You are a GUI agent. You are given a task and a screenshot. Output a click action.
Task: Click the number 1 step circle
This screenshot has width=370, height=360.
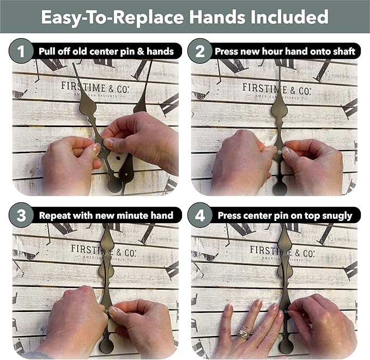pyautogui.click(x=21, y=51)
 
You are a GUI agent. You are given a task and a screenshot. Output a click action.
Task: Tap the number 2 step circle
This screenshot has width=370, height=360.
pyautogui.click(x=199, y=51)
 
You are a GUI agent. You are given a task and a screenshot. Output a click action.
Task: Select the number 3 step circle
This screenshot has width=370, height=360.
pyautogui.click(x=21, y=215)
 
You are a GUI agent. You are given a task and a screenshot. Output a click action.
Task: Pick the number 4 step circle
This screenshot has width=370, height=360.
pyautogui.click(x=199, y=215)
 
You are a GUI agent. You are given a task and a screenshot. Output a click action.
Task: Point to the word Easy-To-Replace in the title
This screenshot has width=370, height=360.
pyautogui.click(x=112, y=17)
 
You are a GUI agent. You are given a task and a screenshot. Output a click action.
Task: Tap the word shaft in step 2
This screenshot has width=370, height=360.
pyautogui.click(x=345, y=51)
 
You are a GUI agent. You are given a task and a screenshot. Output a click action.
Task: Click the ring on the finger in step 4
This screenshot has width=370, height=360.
pyautogui.click(x=244, y=334)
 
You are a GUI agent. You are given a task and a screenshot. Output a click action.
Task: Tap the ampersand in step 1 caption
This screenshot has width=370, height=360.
pyautogui.click(x=141, y=51)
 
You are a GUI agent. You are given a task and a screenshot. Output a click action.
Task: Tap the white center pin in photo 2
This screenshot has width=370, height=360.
pyautogui.click(x=280, y=153)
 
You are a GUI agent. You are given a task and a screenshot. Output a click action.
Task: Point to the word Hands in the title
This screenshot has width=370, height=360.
pyautogui.click(x=217, y=17)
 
